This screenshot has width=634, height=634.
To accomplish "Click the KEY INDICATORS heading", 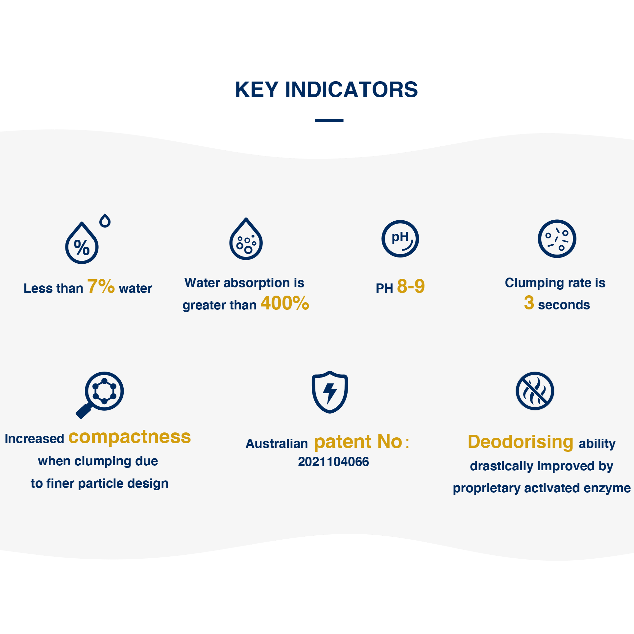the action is tap(326, 89).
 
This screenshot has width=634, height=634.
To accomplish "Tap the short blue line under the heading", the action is tap(329, 120).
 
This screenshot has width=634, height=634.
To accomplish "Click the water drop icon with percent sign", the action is tap(82, 243).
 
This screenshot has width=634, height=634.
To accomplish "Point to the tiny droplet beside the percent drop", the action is tap(105, 220).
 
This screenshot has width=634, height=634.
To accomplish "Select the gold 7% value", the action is tap(101, 286).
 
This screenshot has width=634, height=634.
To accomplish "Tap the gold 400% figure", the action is tap(285, 303).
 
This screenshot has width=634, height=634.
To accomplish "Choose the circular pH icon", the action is tap(400, 239).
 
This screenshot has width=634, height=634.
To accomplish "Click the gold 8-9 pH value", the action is tap(411, 286).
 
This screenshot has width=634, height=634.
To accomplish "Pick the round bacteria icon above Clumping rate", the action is tap(557, 239).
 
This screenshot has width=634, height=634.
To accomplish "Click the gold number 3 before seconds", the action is tap(529, 303).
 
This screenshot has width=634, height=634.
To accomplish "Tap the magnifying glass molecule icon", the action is tap(100, 395).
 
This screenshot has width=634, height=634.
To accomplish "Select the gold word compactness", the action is tap(130, 437).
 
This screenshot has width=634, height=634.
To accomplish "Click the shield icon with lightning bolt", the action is tap(330, 392).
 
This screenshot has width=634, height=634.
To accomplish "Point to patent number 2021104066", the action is tap(333, 462).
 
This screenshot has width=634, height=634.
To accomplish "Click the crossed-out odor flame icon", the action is tap(535, 391).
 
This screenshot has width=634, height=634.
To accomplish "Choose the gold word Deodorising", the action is tap(521, 442).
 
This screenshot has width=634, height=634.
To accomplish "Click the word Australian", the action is tap(277, 444).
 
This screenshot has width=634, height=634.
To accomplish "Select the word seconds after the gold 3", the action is tap(564, 305).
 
